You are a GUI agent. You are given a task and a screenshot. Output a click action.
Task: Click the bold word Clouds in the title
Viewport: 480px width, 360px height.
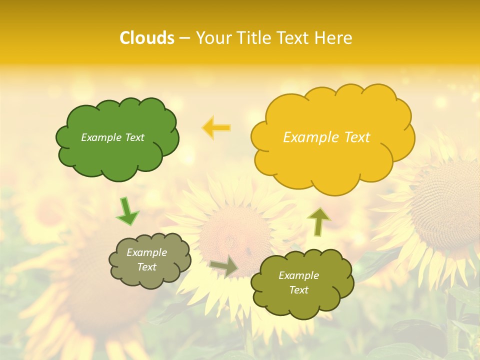[147, 38]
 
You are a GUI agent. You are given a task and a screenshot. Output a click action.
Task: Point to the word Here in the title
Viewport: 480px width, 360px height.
[333, 38]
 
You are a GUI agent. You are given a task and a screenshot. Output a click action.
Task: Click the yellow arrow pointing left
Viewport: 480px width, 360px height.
[216, 128]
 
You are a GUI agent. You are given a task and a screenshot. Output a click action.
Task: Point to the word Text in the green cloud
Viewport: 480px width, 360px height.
[134, 137]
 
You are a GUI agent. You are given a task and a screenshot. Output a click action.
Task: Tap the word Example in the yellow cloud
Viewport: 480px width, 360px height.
[310, 137]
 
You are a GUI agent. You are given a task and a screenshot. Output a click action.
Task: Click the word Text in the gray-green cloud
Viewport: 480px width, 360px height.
[147, 267]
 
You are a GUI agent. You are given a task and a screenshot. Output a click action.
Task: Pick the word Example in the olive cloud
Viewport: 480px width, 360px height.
[298, 275]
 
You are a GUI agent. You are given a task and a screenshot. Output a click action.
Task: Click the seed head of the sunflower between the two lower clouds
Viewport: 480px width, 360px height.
[235, 235]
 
